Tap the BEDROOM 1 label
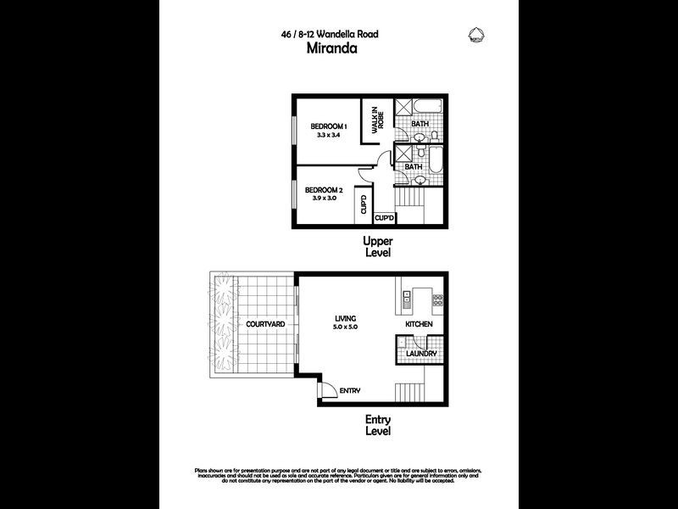[x=323, y=126]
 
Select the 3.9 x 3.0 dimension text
[x=322, y=198]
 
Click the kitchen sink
[x=406, y=299]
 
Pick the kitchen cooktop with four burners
[x=438, y=299]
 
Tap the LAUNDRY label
[x=420, y=353]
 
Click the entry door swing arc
[x=325, y=389]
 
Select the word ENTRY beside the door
[x=350, y=391]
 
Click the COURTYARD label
[x=265, y=325]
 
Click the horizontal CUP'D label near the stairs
[x=385, y=218]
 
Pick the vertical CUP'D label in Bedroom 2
[x=362, y=204]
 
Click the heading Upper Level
[x=377, y=247]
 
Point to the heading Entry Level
[x=377, y=424]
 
